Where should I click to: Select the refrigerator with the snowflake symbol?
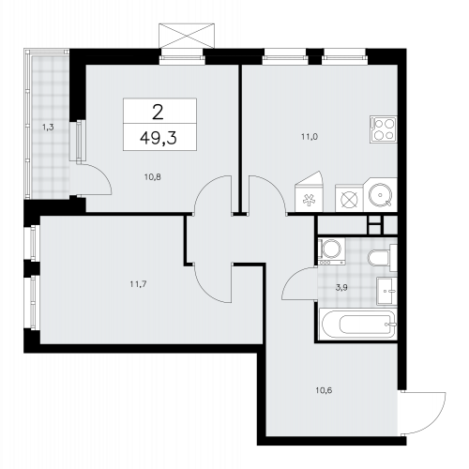point(310,198)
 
